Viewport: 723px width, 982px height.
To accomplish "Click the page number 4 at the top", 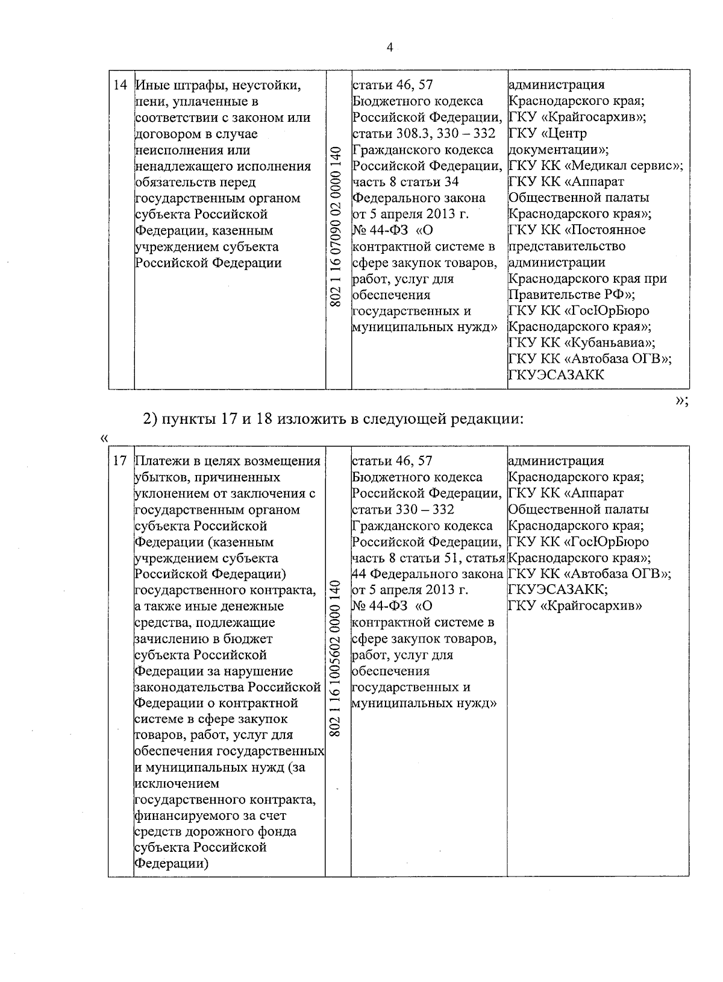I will [390, 48].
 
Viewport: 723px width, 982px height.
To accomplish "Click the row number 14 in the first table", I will [120, 86].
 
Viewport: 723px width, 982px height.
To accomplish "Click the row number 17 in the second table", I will [120, 461].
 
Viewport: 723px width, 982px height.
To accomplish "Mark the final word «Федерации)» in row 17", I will [172, 863].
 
